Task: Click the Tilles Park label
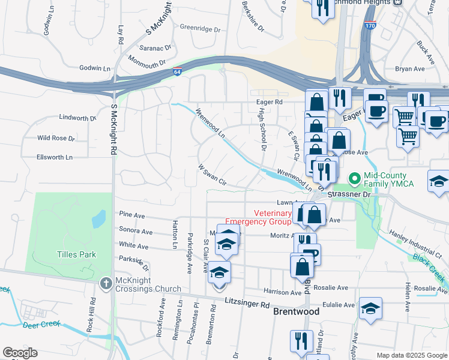coord(76,254)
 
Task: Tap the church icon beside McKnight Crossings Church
coord(106,283)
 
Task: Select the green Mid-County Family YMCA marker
coord(355,179)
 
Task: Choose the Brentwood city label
coord(296,312)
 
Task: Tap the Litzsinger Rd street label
coord(247,304)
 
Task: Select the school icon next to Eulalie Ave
coord(371,308)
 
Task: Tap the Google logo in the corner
coord(20,353)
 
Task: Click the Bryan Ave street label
coord(410,69)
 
